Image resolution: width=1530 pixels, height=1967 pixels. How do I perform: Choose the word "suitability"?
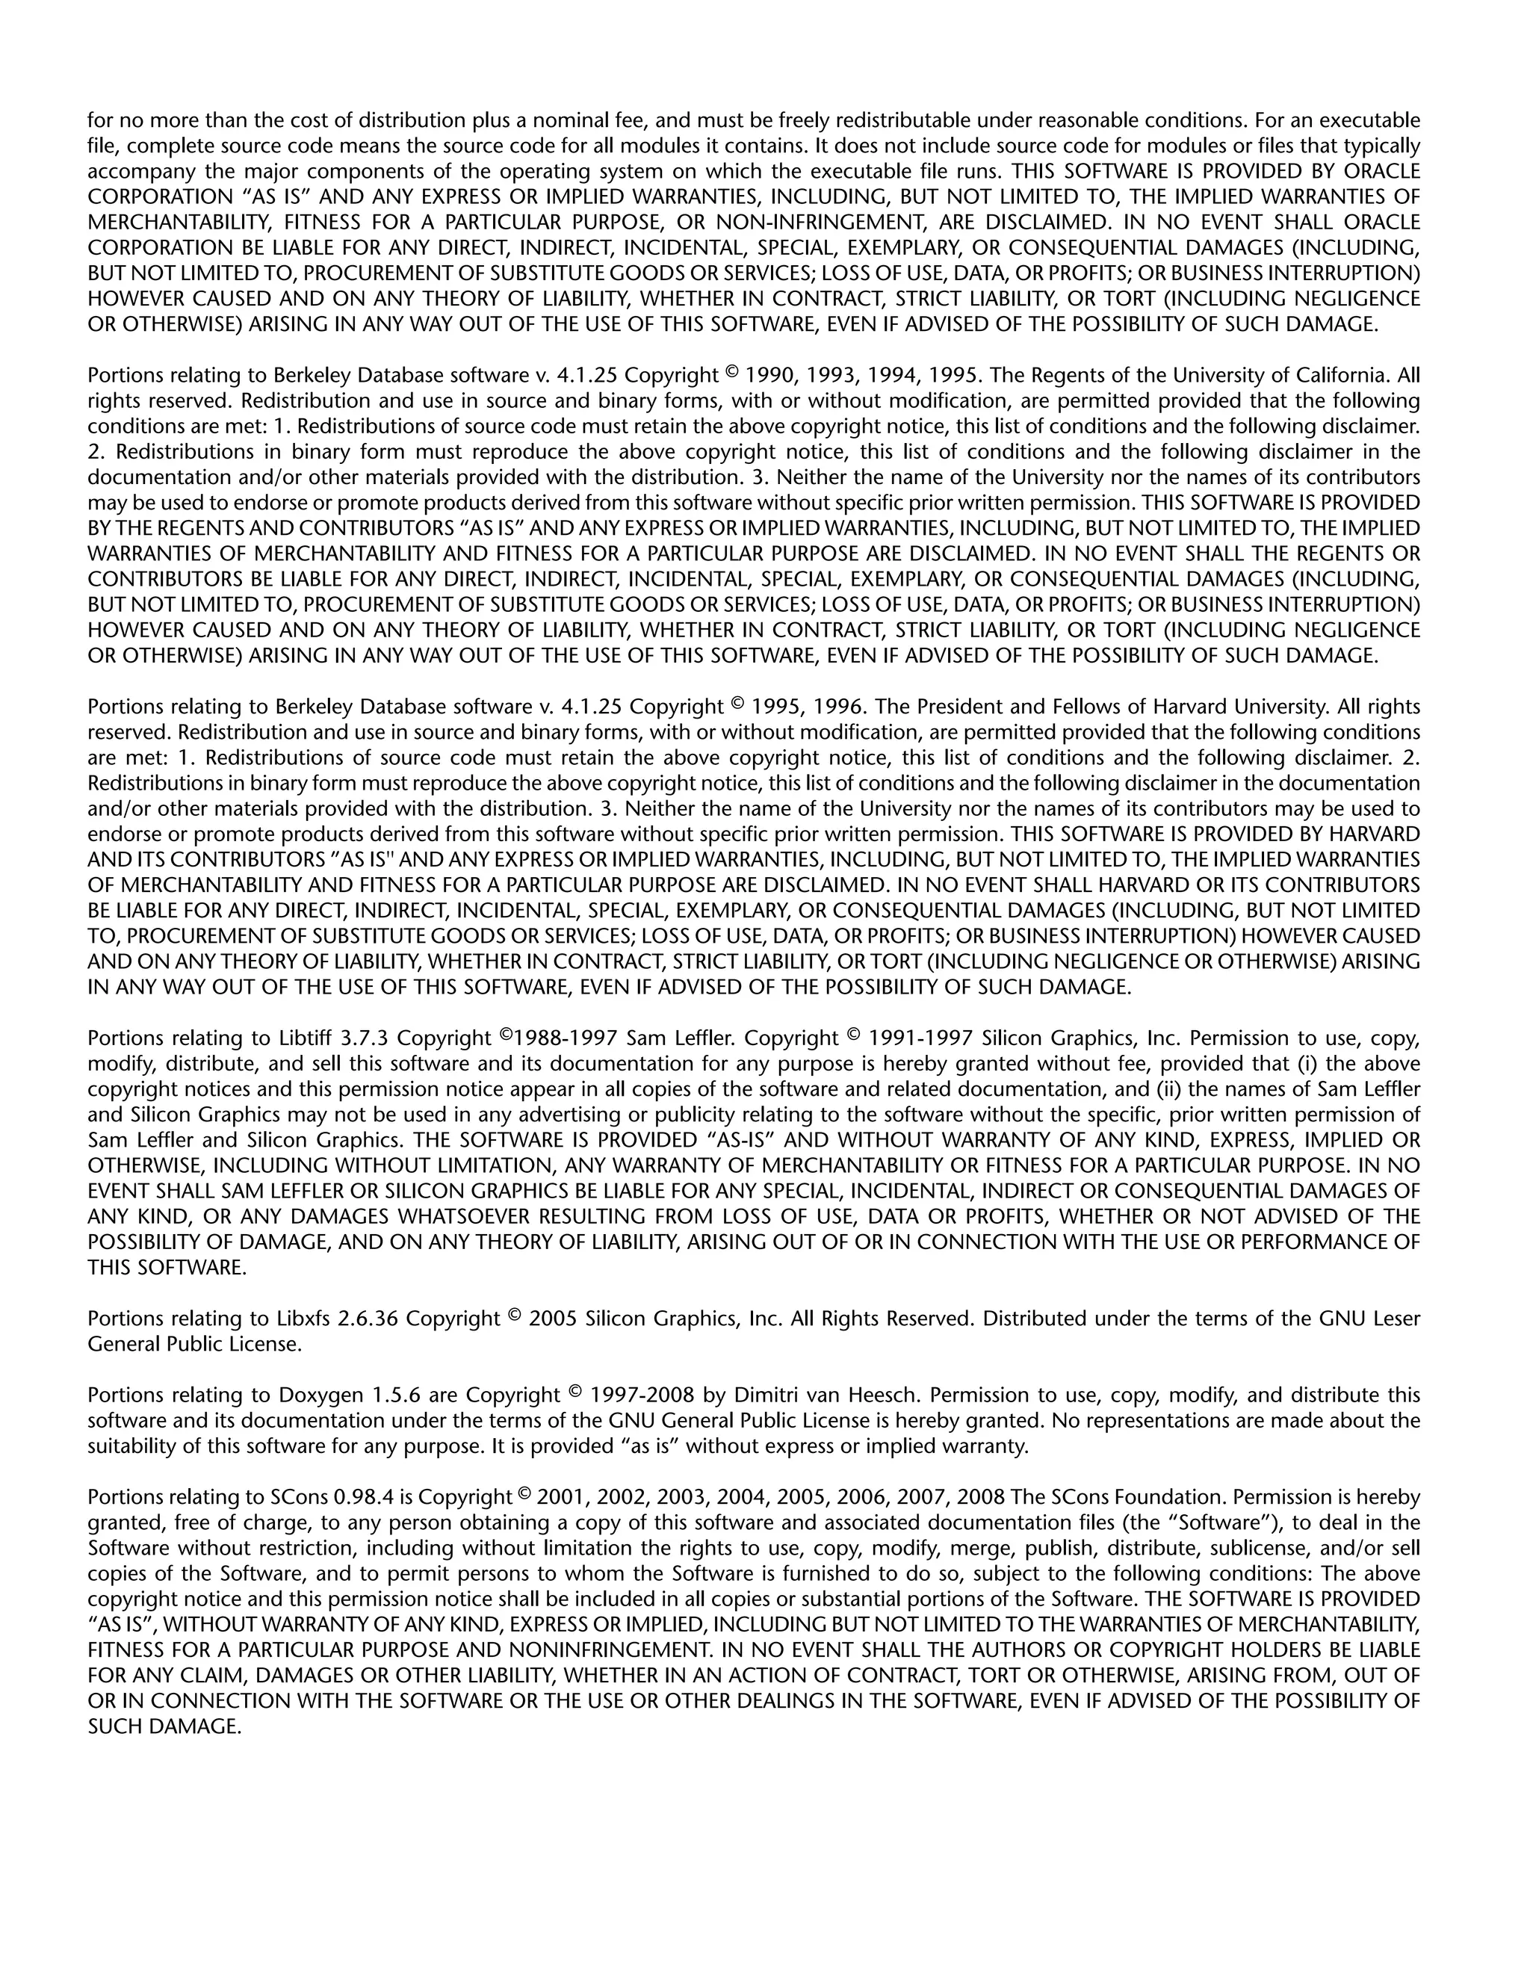[x=131, y=1446]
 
